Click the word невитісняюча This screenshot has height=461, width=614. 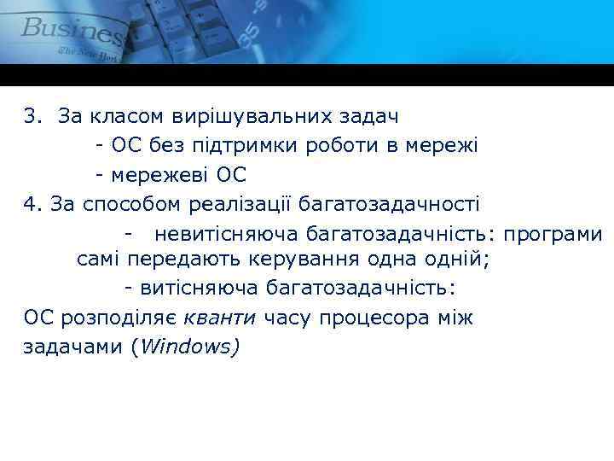point(220,233)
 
